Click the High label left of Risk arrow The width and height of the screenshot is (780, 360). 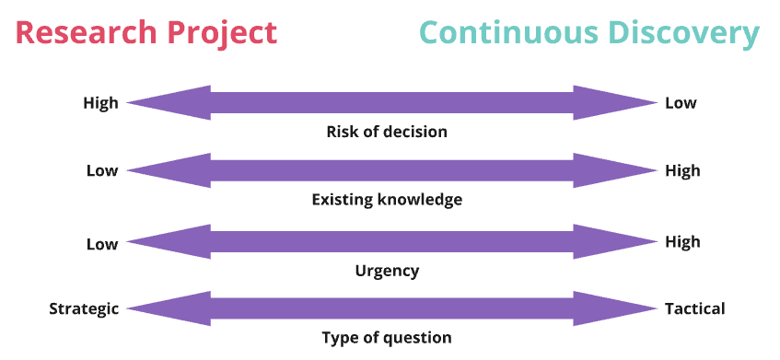100,103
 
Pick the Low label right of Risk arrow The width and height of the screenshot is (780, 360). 681,103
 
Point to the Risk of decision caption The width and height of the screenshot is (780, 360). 387,132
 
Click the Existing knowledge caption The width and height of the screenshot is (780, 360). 387,200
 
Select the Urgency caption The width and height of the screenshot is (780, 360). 387,271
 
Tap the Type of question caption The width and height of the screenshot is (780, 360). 387,338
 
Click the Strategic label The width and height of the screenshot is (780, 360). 84,309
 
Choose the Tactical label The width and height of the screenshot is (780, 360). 694,309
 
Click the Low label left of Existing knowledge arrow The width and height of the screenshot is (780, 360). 102,170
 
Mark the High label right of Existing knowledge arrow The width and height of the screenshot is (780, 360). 682,170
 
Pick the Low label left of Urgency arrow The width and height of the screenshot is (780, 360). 102,244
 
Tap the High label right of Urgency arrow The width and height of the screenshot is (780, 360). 682,242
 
